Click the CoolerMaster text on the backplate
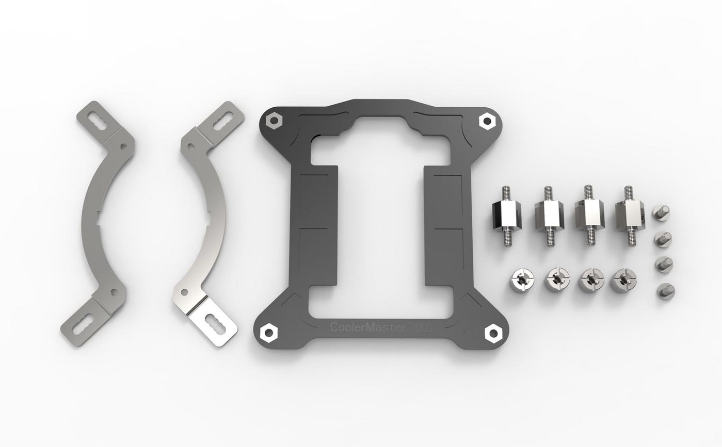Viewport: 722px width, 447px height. (367, 327)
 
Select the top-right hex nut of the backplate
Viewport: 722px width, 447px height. (486, 122)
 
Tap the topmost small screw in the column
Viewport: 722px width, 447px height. (663, 212)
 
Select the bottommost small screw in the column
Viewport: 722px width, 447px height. (665, 291)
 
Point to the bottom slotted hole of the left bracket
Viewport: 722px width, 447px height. (84, 325)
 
